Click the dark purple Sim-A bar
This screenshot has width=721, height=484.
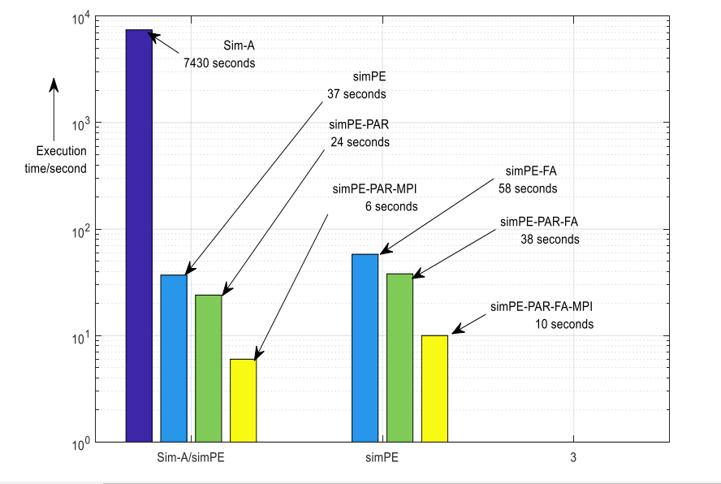139,236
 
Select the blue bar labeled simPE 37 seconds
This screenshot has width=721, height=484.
174,358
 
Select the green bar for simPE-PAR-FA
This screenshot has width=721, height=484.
399,357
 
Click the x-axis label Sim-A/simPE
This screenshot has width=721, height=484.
191,458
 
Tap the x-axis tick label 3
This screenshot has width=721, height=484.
573,458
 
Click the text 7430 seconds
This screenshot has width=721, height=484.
219,62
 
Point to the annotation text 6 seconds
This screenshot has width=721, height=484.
391,206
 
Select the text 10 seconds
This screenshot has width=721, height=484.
564,324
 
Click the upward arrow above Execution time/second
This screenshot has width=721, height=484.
54,110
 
